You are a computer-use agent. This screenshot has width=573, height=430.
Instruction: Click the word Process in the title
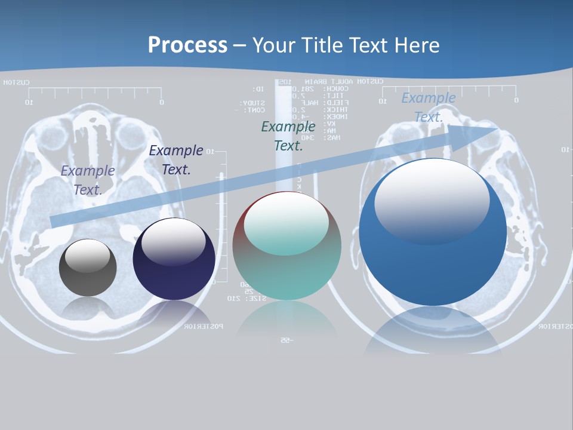[187, 45]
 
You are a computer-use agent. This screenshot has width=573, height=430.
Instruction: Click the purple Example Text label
[88, 180]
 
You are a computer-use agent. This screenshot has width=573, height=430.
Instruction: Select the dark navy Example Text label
[176, 160]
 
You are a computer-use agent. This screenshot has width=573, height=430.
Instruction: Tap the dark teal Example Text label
[288, 136]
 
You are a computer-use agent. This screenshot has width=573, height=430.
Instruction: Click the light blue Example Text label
[429, 107]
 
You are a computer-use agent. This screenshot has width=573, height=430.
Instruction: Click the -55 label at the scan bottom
[285, 340]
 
